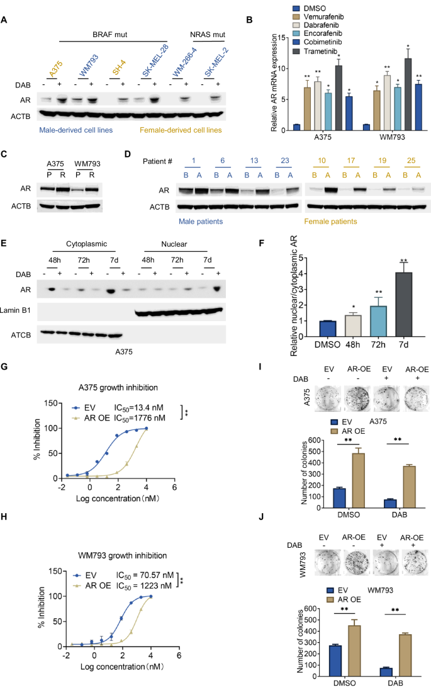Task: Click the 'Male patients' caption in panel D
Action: point(199,222)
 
